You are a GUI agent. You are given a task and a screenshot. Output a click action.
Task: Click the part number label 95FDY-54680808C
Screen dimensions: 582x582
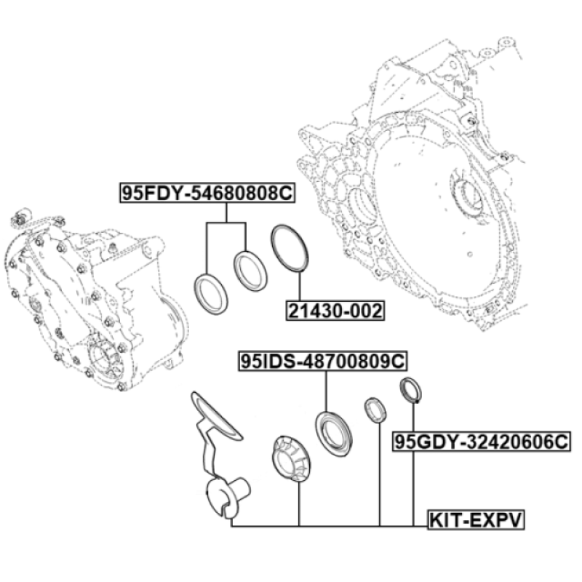[x=207, y=193]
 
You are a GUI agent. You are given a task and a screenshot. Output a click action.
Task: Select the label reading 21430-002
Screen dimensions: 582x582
[x=335, y=311]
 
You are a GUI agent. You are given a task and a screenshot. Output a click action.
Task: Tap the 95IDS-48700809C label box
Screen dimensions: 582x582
[x=322, y=361]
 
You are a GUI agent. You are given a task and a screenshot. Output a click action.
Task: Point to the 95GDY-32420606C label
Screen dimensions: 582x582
[x=482, y=442]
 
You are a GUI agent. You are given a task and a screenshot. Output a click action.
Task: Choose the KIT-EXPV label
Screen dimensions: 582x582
[x=476, y=519]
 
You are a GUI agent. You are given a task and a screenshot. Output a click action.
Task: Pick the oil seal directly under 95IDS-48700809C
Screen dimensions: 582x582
[x=334, y=434]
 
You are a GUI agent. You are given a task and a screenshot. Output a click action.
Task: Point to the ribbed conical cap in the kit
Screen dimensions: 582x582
[x=292, y=459]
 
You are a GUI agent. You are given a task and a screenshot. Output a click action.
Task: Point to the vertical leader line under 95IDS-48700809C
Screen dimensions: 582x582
[x=326, y=391]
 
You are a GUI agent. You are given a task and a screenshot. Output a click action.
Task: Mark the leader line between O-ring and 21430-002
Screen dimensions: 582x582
[x=299, y=287]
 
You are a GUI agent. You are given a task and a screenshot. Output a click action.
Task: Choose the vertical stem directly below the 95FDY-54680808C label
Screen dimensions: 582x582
[x=226, y=212]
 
